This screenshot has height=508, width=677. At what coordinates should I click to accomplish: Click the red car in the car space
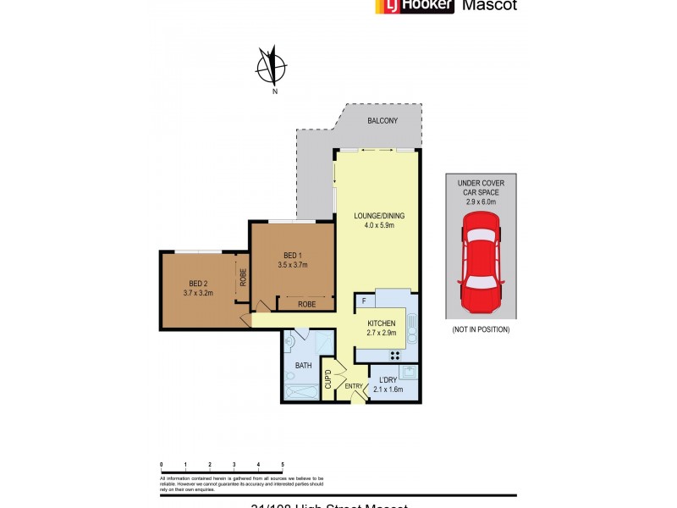coord(481,263)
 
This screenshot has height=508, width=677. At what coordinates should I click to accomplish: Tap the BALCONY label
coord(383,121)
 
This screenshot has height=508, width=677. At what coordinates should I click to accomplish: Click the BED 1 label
coord(292,257)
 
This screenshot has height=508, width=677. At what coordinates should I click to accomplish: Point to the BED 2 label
coord(197,284)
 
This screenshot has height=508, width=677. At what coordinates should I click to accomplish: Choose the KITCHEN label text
coord(381,323)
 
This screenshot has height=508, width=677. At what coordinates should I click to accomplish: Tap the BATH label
coord(303,366)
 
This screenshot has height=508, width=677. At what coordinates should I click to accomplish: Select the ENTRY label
coord(354,387)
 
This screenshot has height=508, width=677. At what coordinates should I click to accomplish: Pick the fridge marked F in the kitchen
coord(364,301)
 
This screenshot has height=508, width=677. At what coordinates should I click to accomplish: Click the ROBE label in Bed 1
coord(306,303)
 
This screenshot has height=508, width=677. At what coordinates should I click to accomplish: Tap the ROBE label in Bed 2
coord(242,277)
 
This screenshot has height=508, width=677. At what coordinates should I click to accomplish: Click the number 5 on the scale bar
coord(282,465)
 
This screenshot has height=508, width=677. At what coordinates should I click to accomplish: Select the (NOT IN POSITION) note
coord(481,329)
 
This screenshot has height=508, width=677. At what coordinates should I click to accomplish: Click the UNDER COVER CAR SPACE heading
coord(481,187)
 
